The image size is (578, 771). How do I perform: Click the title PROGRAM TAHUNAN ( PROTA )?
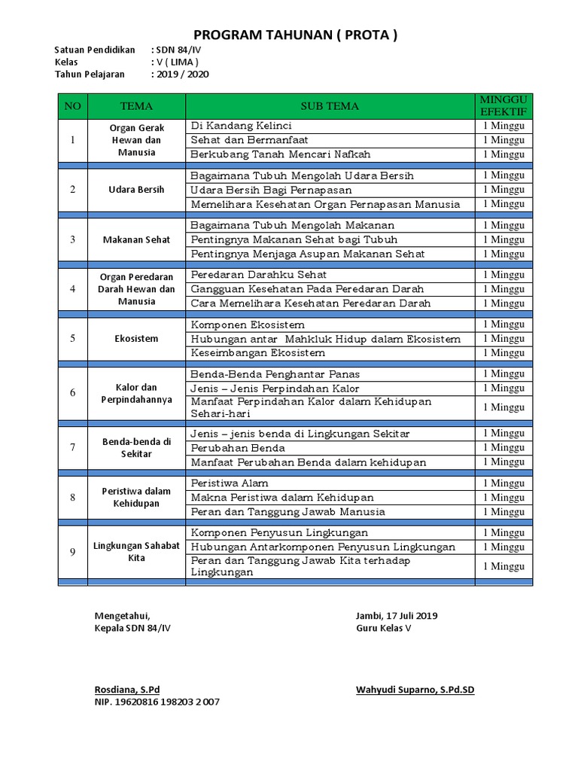pyautogui.click(x=295, y=35)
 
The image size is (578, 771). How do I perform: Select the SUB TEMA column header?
pyautogui.click(x=330, y=106)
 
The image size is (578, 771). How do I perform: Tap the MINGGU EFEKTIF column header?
pyautogui.click(x=503, y=106)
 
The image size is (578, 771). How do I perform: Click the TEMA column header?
pyautogui.click(x=136, y=106)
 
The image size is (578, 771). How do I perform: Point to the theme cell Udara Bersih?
pyautogui.click(x=136, y=190)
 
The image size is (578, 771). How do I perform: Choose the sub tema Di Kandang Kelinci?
pyautogui.click(x=241, y=126)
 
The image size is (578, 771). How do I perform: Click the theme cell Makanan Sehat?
pyautogui.click(x=136, y=239)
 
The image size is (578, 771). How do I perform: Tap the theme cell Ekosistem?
pyautogui.click(x=136, y=338)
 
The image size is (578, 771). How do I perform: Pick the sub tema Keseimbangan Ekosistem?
pyautogui.click(x=258, y=352)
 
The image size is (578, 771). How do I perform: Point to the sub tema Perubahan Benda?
pyautogui.click(x=238, y=448)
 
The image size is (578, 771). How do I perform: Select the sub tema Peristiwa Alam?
pyautogui.click(x=230, y=483)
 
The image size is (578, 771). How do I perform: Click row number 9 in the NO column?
pyautogui.click(x=73, y=552)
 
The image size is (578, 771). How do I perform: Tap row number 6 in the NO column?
pyautogui.click(x=73, y=392)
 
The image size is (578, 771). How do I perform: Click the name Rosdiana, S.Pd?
pyautogui.click(x=127, y=690)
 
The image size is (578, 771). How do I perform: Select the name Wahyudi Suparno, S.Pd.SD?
pyautogui.click(x=415, y=690)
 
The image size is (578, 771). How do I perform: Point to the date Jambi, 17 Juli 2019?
pyautogui.click(x=397, y=616)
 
